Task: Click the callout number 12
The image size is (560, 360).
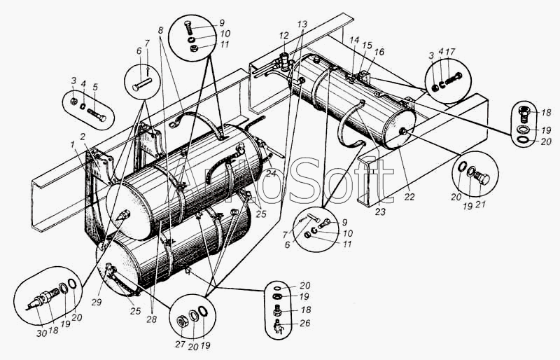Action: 283,36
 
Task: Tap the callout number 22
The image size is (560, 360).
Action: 409,197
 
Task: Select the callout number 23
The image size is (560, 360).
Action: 380,212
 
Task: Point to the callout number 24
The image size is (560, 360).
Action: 272,174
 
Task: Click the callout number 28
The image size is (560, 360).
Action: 152,319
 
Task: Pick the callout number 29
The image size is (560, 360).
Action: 97,302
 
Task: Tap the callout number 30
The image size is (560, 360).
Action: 41,333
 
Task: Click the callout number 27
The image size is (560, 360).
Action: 181,345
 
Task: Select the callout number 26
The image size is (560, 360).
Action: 305,323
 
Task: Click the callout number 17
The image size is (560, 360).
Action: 451,52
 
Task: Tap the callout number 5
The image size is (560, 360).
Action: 95,88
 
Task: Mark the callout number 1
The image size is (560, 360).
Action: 73,144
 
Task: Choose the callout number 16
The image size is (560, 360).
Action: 379,52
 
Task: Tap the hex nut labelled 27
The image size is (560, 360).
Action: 182,321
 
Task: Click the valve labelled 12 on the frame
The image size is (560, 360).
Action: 285,62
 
